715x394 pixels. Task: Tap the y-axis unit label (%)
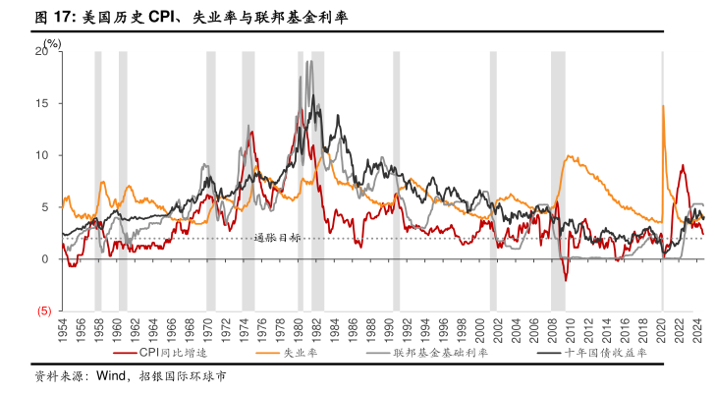coord(51,41)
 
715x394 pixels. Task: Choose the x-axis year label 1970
coord(207,331)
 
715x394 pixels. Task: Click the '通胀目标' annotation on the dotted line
coord(277,238)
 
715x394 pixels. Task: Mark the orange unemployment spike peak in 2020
coord(663,105)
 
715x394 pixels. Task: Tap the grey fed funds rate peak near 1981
coord(309,62)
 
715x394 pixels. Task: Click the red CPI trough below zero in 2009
coord(566,280)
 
